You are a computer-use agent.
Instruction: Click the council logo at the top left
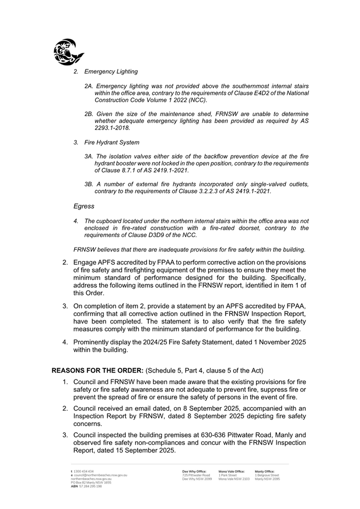click(68, 52)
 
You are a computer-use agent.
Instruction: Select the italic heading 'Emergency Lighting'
click(111, 71)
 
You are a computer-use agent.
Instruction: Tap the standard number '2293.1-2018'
click(112, 128)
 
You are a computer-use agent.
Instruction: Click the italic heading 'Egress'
click(84, 206)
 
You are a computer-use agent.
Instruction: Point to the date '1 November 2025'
click(281, 342)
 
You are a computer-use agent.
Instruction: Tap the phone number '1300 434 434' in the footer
click(84, 472)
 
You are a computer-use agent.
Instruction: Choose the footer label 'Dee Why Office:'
click(194, 472)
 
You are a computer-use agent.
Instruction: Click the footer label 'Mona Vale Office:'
click(231, 472)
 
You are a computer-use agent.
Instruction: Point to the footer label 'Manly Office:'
click(265, 472)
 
